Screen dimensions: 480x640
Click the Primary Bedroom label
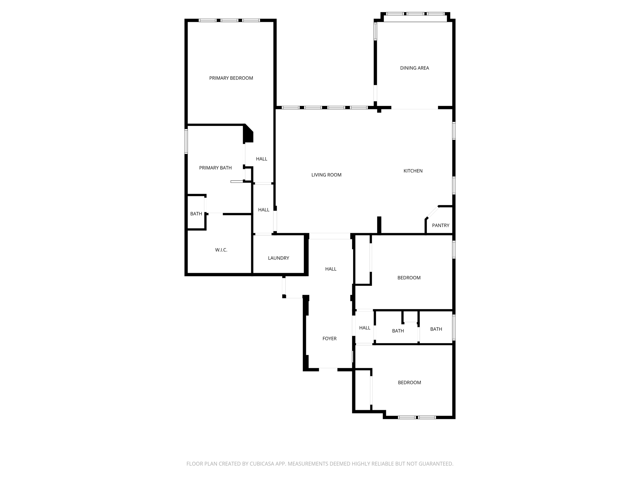pos(231,78)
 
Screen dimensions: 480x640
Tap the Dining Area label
pos(414,68)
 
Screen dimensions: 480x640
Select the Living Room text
pos(326,175)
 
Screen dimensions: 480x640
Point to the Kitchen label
pos(413,171)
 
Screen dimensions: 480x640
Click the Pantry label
pos(440,225)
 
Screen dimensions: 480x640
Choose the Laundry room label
pos(278,258)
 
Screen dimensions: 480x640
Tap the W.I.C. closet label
pos(221,250)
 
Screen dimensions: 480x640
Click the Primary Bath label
pos(215,168)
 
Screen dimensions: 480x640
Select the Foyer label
pos(329,338)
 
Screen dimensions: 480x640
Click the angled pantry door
pos(432,212)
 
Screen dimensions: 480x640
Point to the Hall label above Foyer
pos(331,269)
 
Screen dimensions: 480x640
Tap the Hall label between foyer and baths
pos(364,328)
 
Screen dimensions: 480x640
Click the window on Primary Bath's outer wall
pos(186,142)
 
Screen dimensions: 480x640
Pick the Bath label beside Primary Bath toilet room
pos(196,214)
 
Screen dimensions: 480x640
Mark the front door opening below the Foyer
pos(328,369)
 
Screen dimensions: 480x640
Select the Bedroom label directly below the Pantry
pos(409,278)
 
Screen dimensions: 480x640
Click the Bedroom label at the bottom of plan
pos(409,382)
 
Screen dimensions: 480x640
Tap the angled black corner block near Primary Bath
pos(248,133)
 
